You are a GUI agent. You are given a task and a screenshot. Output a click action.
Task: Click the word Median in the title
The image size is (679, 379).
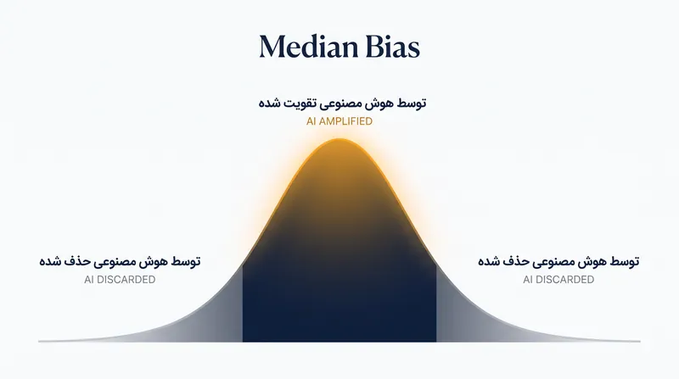coord(309,47)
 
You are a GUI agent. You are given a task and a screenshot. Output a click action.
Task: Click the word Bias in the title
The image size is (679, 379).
coord(393,47)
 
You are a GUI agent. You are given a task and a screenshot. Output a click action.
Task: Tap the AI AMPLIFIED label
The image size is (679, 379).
coord(339,121)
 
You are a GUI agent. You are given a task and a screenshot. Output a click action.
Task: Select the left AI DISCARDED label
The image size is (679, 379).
coord(120,280)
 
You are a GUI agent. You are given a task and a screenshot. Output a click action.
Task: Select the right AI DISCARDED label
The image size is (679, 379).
coord(558,280)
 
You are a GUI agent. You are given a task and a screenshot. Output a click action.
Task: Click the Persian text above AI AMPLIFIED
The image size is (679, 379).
coord(343,103)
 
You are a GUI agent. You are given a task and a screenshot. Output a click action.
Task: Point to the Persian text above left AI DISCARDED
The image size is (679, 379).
coord(120,261)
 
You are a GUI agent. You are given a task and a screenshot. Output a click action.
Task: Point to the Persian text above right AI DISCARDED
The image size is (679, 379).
coord(558,261)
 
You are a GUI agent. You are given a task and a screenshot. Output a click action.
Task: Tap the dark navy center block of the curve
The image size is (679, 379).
coord(339,298)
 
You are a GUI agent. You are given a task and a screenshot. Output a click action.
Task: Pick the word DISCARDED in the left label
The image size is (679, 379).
coord(126,280)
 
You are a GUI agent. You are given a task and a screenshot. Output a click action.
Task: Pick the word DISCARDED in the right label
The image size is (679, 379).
coord(564,280)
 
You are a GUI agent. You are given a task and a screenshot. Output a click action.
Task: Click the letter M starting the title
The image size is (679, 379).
coord(272,47)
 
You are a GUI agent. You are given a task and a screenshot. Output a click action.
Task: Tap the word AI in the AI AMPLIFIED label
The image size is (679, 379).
coord(311,121)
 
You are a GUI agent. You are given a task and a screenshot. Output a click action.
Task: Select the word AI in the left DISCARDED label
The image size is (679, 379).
coord(89,280)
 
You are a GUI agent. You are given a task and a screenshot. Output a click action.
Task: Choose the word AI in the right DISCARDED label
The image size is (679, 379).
coord(528,280)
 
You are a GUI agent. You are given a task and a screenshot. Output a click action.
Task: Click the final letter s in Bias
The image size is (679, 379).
coord(413,50)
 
